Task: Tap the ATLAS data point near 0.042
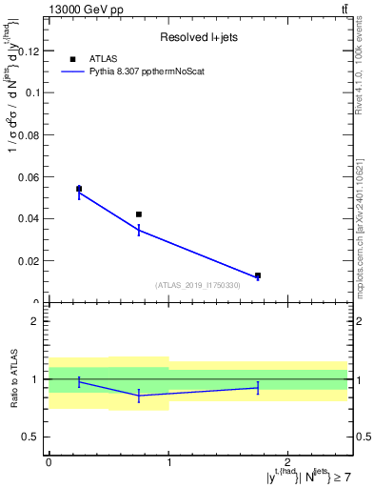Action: click(139, 214)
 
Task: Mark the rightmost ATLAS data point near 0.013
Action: click(258, 275)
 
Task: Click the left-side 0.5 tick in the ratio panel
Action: click(32, 437)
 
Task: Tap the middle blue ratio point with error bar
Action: click(139, 395)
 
